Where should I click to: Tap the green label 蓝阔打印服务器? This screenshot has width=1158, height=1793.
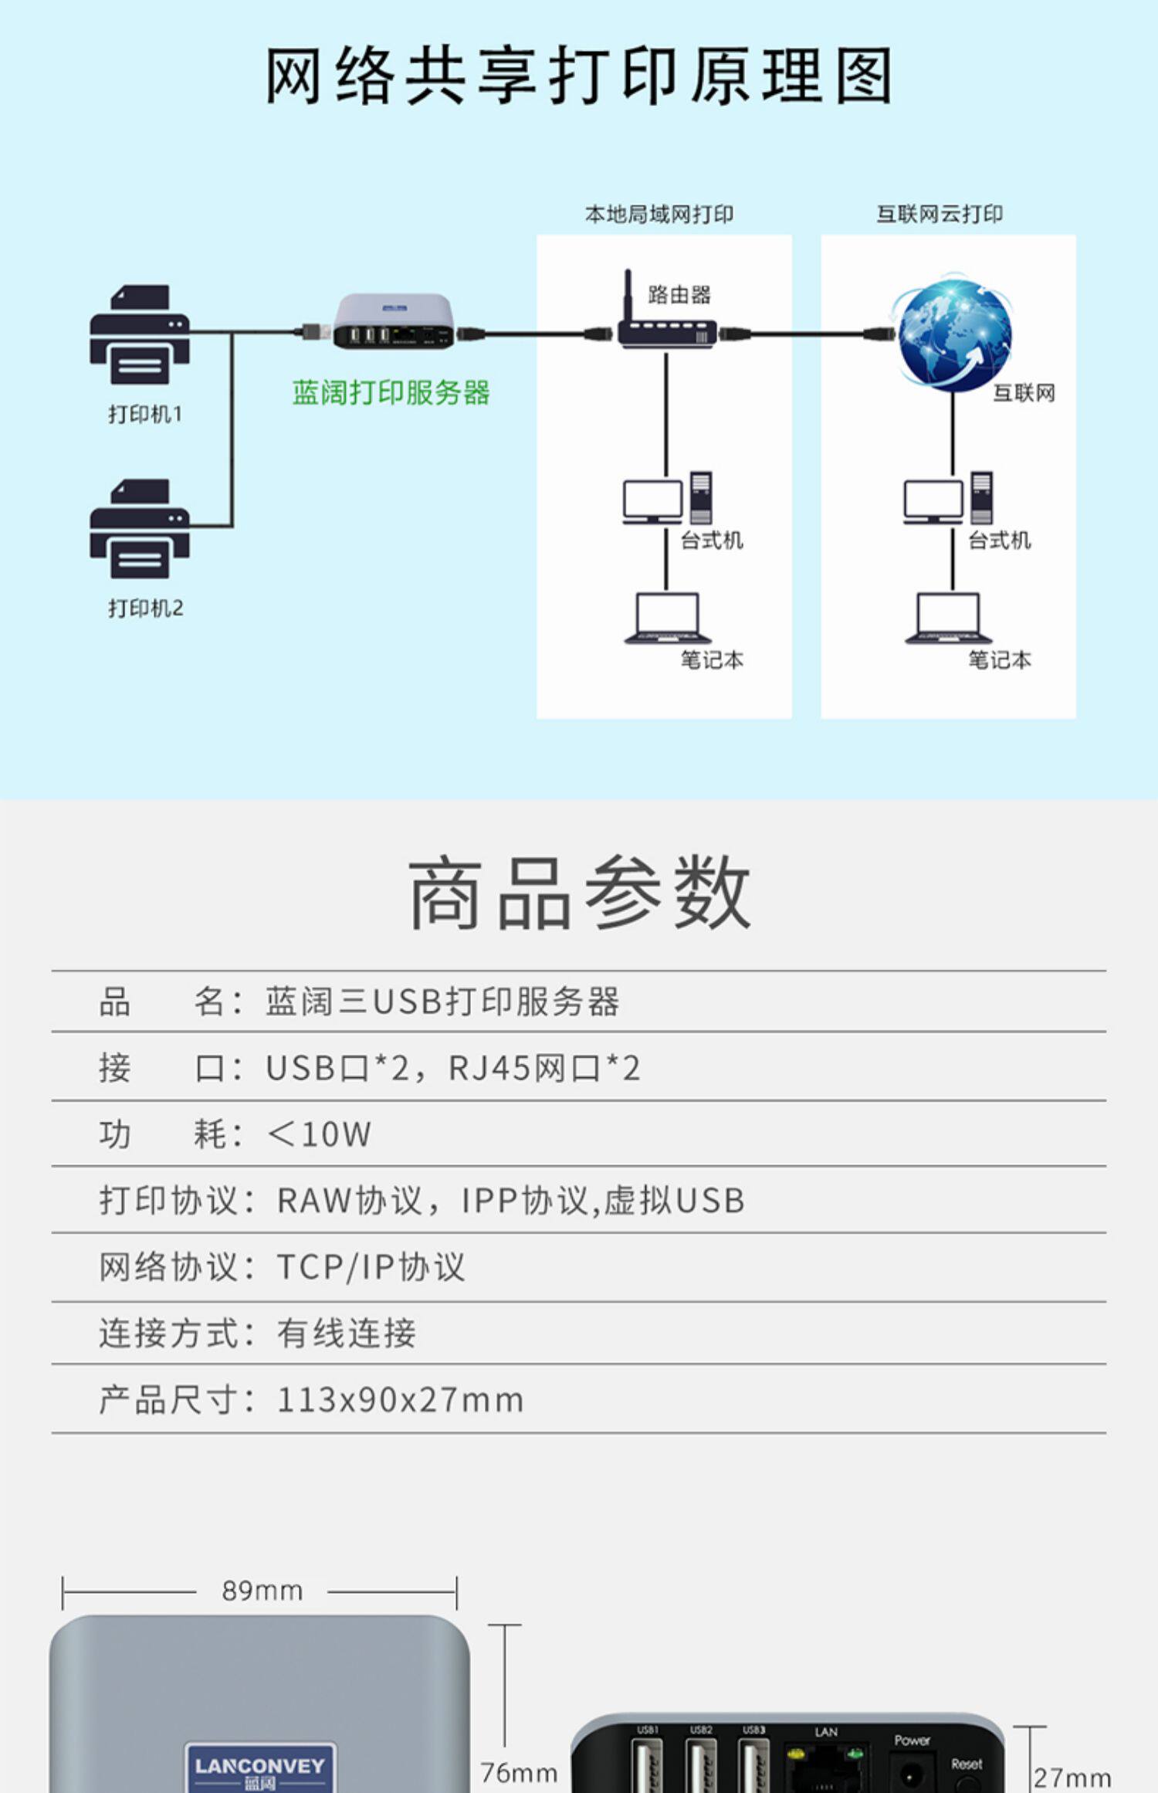(391, 393)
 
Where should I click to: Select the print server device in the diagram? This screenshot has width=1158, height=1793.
(393, 322)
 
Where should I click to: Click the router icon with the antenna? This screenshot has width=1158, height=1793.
(666, 324)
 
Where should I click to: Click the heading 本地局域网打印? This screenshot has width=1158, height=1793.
(659, 214)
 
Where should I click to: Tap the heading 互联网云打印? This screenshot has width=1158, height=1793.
(940, 214)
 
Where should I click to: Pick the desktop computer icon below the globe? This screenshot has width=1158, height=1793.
(948, 498)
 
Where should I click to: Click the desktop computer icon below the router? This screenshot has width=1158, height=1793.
(667, 498)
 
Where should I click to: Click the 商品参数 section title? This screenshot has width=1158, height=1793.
(579, 893)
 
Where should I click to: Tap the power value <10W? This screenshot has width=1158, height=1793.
(319, 1134)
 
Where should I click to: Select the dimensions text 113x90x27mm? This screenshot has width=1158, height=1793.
(400, 1400)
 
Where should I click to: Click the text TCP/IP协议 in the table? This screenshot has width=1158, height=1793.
(371, 1267)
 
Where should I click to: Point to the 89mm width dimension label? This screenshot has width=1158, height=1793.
(262, 1591)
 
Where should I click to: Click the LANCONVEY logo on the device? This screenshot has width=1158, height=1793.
(260, 1767)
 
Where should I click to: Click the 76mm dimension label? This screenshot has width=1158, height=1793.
(519, 1773)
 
